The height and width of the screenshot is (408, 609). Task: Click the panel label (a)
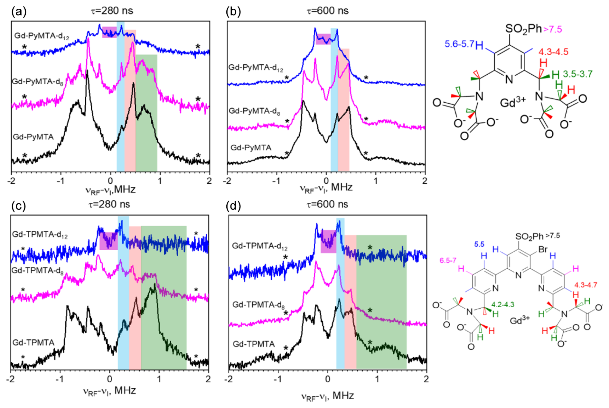click(19, 12)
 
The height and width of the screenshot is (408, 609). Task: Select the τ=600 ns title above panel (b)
click(327, 11)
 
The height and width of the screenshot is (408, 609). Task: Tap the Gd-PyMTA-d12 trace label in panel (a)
click(42, 36)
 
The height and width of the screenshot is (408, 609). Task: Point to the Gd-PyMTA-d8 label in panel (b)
click(254, 111)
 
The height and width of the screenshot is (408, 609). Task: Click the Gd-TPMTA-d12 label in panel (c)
click(40, 235)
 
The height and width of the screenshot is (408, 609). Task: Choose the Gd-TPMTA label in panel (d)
click(254, 344)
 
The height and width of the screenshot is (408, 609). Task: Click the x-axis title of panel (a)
click(110, 190)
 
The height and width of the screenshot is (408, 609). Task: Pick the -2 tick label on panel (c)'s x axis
click(11, 379)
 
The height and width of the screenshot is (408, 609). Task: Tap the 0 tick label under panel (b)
click(326, 181)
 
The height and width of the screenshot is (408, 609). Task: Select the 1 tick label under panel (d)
click(377, 379)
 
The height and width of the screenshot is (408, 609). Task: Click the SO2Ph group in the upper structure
click(523, 29)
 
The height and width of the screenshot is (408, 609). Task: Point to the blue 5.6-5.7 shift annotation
click(459, 44)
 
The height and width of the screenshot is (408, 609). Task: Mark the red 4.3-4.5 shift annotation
click(553, 52)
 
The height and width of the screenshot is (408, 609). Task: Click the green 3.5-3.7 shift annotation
click(577, 74)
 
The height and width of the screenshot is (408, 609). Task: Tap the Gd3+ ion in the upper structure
click(513, 103)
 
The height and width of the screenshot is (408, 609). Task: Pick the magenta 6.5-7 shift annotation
click(448, 260)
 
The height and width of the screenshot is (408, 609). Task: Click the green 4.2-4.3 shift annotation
click(502, 304)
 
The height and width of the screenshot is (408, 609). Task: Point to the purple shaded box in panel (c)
click(108, 241)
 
